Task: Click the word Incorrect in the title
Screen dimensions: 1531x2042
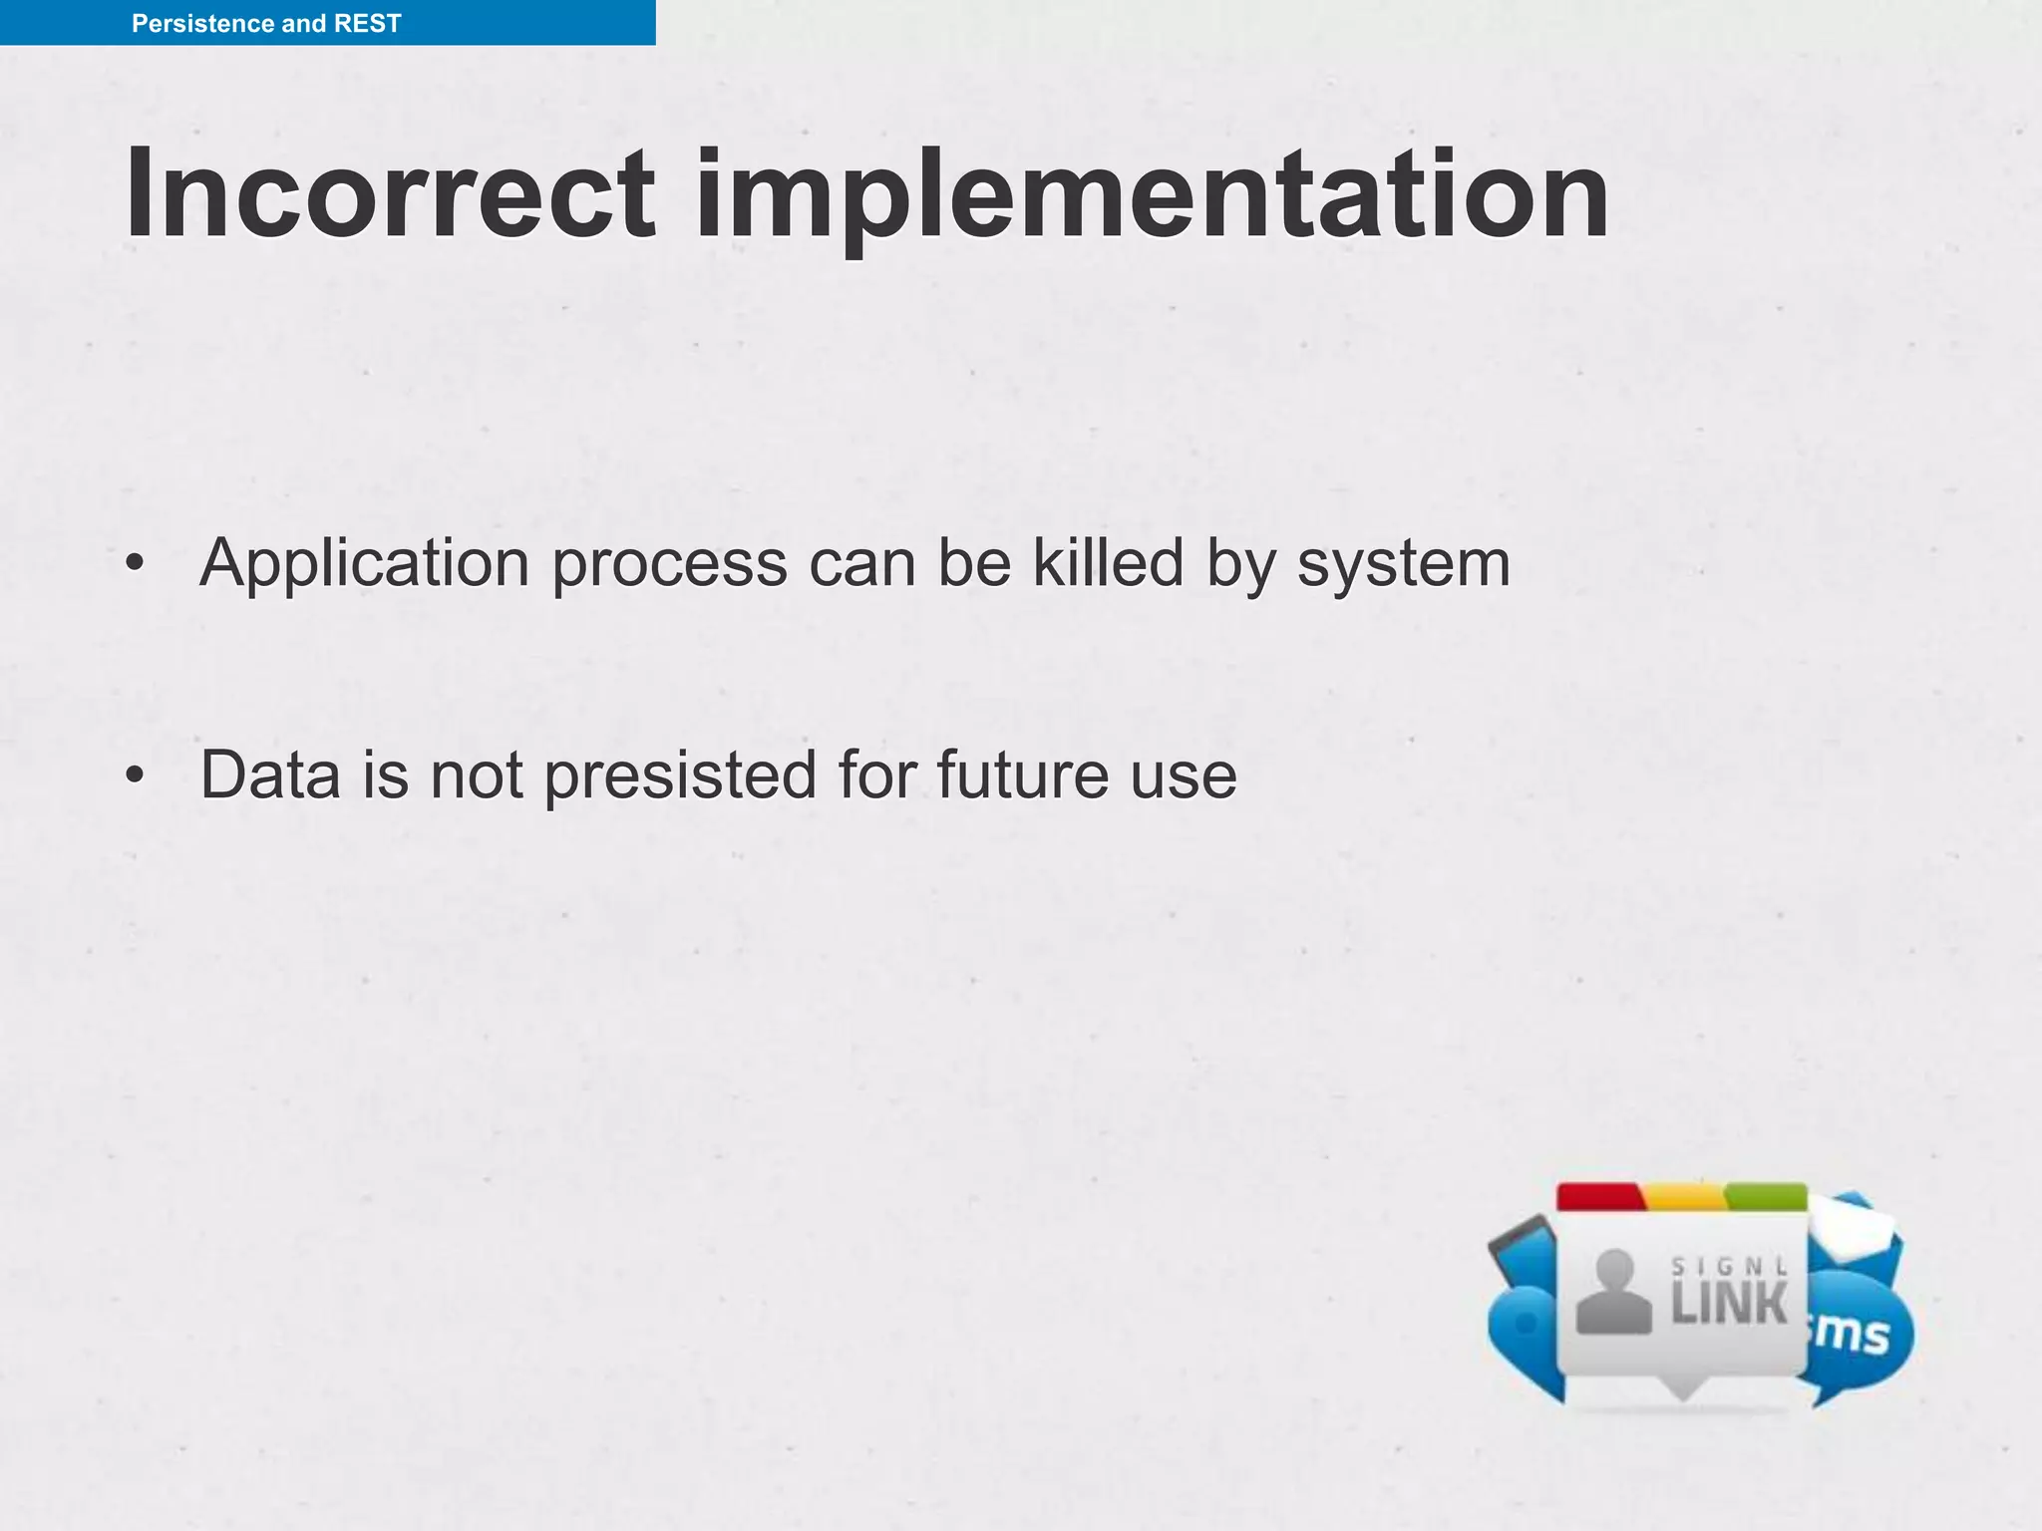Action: [390, 193]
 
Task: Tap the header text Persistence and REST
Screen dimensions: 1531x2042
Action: [266, 23]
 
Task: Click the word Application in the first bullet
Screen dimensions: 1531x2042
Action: [364, 564]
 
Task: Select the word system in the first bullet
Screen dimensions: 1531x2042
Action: [1403, 564]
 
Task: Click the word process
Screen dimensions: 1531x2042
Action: [669, 566]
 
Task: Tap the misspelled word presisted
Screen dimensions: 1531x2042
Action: [680, 776]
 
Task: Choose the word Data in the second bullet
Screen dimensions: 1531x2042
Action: [270, 774]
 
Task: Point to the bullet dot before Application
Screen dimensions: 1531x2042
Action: [135, 564]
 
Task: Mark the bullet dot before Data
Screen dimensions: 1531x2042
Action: [135, 775]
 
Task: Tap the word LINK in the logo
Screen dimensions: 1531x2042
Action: [1729, 1304]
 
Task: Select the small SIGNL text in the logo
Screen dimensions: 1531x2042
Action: [1729, 1267]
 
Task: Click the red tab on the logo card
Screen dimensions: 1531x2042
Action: [1599, 1196]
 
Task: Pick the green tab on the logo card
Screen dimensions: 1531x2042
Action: [1766, 1196]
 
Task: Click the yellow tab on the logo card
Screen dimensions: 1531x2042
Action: [1684, 1196]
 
